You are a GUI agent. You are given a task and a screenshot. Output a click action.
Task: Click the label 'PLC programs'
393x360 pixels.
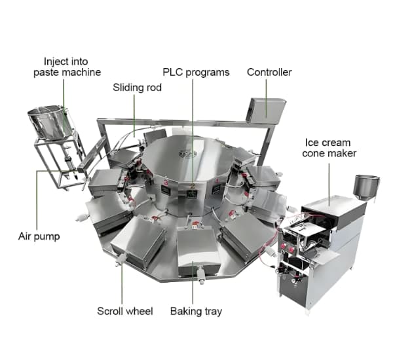[x=196, y=73]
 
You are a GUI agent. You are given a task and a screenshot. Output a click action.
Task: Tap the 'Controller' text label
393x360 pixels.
[x=269, y=72]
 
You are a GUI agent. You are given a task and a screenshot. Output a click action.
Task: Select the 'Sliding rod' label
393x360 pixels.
[x=137, y=88]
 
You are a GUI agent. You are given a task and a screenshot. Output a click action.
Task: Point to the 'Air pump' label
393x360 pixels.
[x=39, y=236]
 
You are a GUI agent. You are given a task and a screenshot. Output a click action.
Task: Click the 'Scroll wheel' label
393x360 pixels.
[x=125, y=311]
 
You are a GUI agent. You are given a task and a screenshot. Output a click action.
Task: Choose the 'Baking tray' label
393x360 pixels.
[x=196, y=312]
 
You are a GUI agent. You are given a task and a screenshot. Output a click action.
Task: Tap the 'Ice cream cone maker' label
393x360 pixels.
[x=329, y=148]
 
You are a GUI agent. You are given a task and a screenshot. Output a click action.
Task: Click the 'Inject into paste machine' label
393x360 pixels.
[x=67, y=67]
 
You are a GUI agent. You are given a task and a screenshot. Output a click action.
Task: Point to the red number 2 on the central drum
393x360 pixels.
[x=193, y=186]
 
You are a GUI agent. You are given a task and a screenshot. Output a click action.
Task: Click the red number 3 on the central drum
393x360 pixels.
[x=166, y=182]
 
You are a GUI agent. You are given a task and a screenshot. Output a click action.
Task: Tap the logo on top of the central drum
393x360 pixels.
[x=188, y=154]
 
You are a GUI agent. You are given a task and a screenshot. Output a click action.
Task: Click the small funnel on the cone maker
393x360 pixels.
[x=366, y=187]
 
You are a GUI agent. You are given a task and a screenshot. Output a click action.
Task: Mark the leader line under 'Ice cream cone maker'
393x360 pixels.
[x=329, y=185]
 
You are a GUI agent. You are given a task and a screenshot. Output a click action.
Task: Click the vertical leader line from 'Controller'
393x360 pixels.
[x=266, y=98]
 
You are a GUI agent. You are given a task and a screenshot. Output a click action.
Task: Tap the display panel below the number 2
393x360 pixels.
[x=192, y=194]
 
